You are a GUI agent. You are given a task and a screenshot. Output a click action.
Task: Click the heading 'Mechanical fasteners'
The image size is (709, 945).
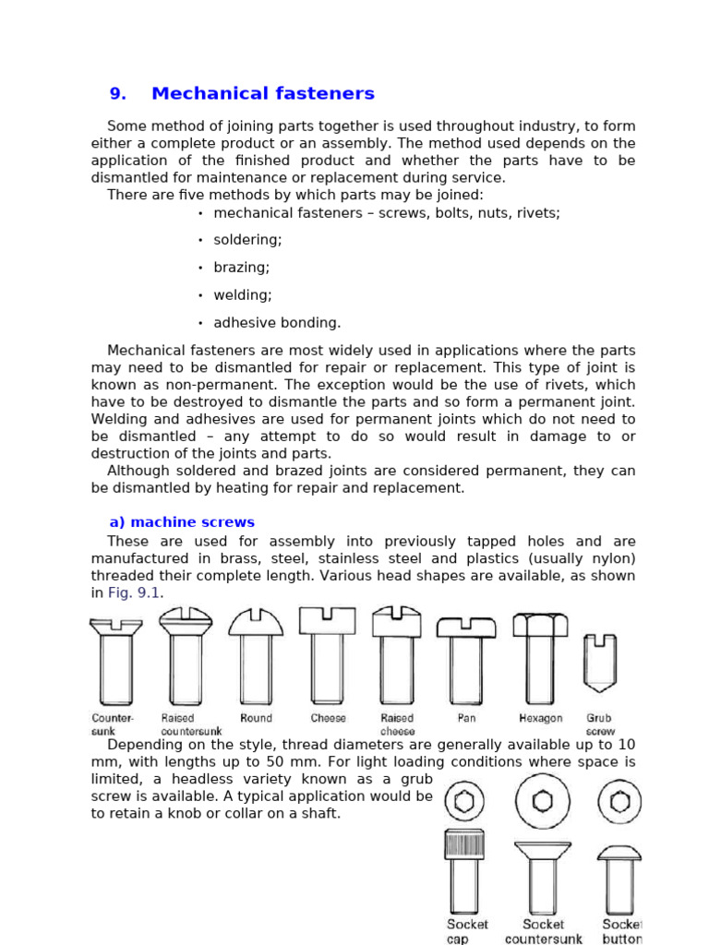263,93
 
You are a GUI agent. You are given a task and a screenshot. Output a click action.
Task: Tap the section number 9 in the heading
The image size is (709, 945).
117,93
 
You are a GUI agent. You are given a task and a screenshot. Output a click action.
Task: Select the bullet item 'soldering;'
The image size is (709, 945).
247,240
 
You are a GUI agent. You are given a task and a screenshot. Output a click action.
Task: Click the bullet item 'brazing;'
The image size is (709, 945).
241,268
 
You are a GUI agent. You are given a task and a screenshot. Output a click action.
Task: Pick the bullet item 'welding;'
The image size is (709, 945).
242,295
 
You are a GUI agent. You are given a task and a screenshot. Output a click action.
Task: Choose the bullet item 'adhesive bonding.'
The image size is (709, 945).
277,323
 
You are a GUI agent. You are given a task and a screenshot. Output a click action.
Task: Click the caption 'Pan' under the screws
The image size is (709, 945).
466,718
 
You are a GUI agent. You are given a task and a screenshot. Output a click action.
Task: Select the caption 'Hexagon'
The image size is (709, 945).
540,718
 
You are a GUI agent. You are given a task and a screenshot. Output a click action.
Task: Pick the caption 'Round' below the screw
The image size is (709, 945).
256,718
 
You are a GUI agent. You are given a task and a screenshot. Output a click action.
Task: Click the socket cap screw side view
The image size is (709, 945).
463,871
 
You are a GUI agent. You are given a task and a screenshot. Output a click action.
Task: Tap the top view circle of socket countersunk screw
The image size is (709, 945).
543,801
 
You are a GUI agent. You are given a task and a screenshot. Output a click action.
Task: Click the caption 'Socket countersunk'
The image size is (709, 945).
544,931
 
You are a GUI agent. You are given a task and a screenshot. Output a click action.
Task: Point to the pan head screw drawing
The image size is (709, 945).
466,661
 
